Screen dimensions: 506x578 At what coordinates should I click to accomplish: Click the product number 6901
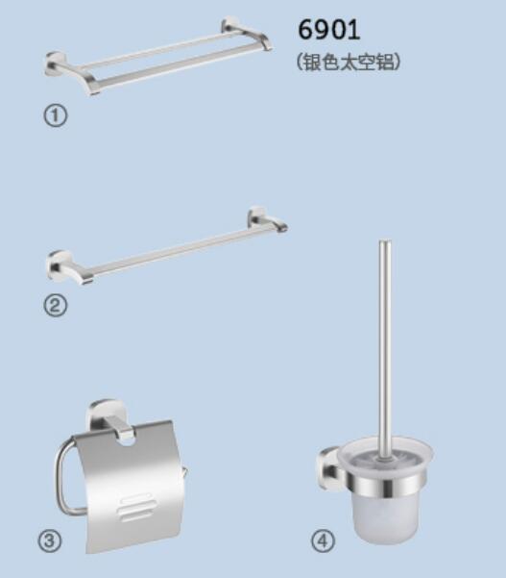pyautogui.click(x=328, y=30)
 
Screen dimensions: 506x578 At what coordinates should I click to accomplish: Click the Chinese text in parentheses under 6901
pyautogui.click(x=349, y=62)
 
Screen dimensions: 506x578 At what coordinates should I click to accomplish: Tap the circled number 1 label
pyautogui.click(x=56, y=115)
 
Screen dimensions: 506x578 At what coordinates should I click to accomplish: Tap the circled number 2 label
pyautogui.click(x=56, y=306)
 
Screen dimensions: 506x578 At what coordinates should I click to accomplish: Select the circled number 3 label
pyautogui.click(x=50, y=540)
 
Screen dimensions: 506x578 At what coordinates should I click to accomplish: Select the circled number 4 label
pyautogui.click(x=324, y=541)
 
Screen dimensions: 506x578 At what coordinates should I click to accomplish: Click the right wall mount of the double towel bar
pyautogui.click(x=230, y=25)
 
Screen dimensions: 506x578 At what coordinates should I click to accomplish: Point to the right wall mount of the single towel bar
pyautogui.click(x=257, y=216)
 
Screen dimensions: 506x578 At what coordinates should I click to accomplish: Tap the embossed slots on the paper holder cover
pyautogui.click(x=134, y=507)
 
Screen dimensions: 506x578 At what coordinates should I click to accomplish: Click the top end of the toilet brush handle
pyautogui.click(x=385, y=242)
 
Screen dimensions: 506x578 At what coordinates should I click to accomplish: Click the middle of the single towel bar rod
pyautogui.click(x=169, y=251)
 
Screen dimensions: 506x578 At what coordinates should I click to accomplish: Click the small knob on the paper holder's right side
pyautogui.click(x=184, y=470)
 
